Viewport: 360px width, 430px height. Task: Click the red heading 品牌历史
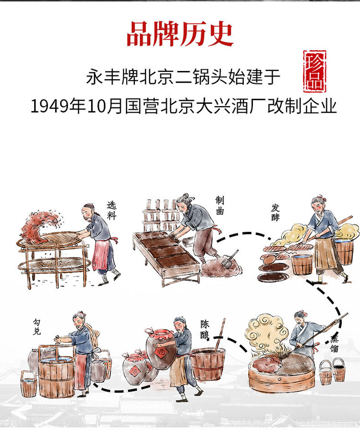point(180,34)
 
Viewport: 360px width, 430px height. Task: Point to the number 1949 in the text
point(49,106)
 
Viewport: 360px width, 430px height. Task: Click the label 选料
point(111,210)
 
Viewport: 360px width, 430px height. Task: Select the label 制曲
point(219,205)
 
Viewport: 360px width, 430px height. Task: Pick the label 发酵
point(275,212)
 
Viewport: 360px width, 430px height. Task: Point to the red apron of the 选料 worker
point(99,255)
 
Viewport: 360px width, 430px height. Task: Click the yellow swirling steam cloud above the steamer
point(265,331)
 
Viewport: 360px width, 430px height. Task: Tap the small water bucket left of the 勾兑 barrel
point(28,383)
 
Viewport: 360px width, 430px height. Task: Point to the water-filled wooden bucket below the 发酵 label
point(302,264)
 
